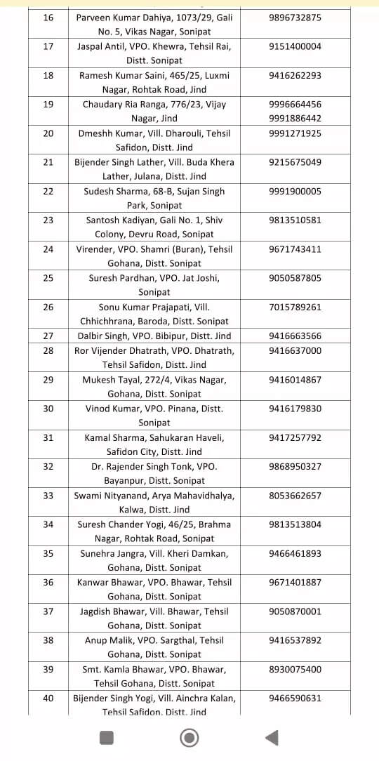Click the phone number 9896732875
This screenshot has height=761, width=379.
click(x=295, y=18)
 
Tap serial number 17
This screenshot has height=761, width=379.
click(x=48, y=46)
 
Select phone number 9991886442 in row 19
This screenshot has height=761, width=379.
click(x=295, y=119)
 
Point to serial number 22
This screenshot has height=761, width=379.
click(x=48, y=191)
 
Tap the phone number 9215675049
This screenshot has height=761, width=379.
click(x=295, y=162)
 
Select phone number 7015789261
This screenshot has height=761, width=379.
click(x=295, y=307)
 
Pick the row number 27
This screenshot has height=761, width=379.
click(x=48, y=336)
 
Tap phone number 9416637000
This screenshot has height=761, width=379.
click(x=295, y=350)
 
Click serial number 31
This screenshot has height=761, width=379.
click(x=48, y=437)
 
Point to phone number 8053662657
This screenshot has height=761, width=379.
click(x=295, y=496)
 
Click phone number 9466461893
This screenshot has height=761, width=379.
click(x=295, y=553)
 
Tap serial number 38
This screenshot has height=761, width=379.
click(x=48, y=640)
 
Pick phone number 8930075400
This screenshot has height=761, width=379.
click(x=295, y=669)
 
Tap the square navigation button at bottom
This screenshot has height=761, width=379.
click(x=107, y=737)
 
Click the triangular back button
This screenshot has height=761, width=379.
click(x=272, y=737)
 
